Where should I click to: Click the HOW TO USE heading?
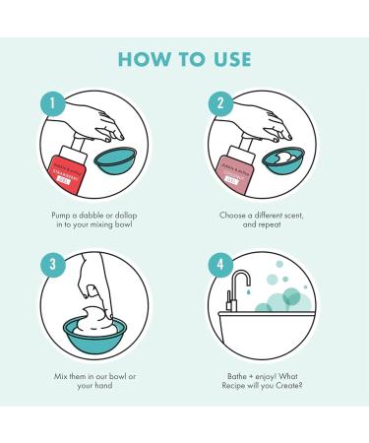click(x=184, y=59)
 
